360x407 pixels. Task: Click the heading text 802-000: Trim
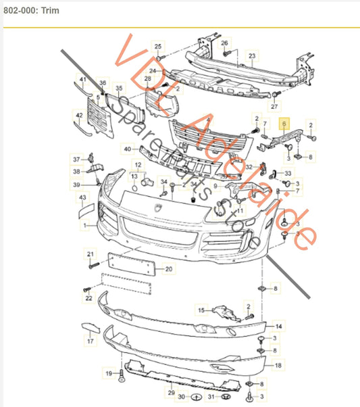coord(31,11)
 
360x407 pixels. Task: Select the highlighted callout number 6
coord(284,124)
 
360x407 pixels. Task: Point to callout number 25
coord(159,46)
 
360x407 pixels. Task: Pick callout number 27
coord(274,107)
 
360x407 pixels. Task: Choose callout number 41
coord(82,80)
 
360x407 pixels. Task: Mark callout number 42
coord(80,116)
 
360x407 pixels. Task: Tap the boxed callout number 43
coord(83,197)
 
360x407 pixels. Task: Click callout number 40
coord(127,149)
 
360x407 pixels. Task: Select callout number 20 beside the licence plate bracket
coord(168,269)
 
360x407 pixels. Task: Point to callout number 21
coord(89,254)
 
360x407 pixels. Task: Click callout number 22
coord(88,297)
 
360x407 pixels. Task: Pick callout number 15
coord(201,310)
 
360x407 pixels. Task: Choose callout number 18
coord(276,365)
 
